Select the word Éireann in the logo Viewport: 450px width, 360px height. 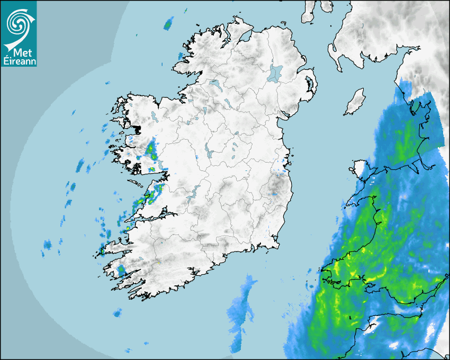[19, 61]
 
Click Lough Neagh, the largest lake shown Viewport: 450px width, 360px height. [275, 72]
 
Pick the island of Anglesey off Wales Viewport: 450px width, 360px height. [361, 169]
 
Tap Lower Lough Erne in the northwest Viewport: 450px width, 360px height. [215, 84]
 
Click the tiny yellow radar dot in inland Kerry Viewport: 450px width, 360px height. [159, 262]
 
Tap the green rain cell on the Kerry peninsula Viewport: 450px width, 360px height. [122, 271]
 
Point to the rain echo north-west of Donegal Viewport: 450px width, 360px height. [169, 24]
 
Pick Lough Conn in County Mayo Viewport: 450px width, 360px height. [154, 115]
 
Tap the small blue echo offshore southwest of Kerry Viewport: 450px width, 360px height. [117, 314]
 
